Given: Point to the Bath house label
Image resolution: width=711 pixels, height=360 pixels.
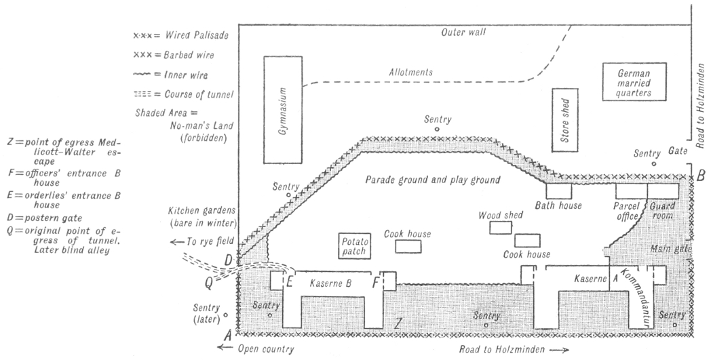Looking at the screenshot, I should pyautogui.click(x=555, y=205).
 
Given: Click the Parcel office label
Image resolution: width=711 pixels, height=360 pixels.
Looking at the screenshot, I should pyautogui.click(x=627, y=209).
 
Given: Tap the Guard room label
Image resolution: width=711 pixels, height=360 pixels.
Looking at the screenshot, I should pyautogui.click(x=663, y=209).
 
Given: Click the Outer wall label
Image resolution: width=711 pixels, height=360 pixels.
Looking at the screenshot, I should pyautogui.click(x=463, y=33).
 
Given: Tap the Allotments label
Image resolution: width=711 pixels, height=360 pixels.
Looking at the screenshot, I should pyautogui.click(x=410, y=72).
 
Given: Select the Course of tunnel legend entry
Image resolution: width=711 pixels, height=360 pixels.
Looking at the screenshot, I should pyautogui.click(x=185, y=94).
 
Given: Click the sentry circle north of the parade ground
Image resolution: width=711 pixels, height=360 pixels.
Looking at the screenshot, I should pyautogui.click(x=438, y=128).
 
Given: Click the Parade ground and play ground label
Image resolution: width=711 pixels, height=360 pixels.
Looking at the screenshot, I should pyautogui.click(x=432, y=180).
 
